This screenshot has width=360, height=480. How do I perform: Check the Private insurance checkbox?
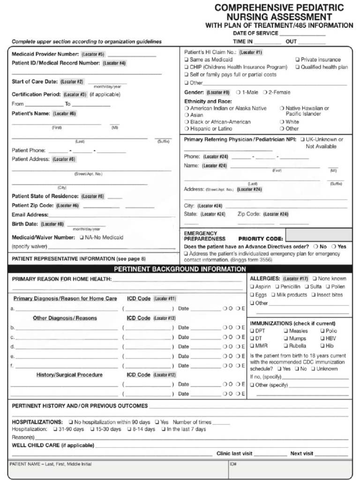point(298,60)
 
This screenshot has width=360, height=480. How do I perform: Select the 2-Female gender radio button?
point(265,92)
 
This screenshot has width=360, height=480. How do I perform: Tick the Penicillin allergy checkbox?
point(277,286)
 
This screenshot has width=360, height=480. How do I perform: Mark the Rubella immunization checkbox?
point(286,346)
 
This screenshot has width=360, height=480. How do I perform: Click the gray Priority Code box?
point(319,235)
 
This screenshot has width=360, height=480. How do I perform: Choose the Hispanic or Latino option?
point(187,128)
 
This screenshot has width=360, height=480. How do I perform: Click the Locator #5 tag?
point(93,54)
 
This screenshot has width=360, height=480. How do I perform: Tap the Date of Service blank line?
point(302,34)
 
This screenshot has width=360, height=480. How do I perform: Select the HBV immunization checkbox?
point(322,338)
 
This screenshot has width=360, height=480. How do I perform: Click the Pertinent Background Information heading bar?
point(180,269)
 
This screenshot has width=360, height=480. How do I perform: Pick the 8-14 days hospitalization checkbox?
point(129,429)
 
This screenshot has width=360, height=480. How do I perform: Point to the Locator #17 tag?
point(296,278)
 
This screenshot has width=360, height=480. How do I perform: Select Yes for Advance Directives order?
point(333,247)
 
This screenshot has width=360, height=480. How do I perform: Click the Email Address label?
point(30,215)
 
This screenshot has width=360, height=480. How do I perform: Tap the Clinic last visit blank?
point(270,454)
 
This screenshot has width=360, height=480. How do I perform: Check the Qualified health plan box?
point(298,67)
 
